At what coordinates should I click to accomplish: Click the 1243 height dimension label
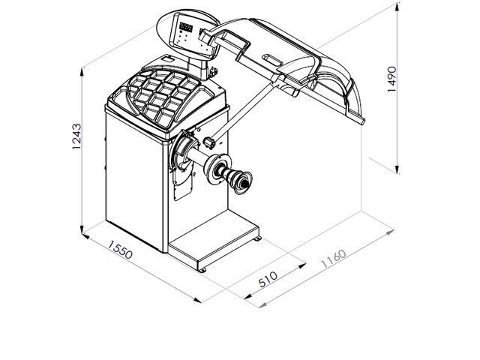(x=76, y=136)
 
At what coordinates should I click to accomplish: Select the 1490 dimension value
(x=391, y=79)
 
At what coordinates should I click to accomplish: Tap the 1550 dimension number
(x=120, y=250)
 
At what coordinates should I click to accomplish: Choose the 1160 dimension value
(x=333, y=259)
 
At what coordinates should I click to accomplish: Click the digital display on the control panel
(x=186, y=27)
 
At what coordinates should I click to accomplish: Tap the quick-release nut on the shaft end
(x=243, y=182)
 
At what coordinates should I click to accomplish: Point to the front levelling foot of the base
(x=202, y=270)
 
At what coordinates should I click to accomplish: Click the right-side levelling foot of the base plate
(x=257, y=238)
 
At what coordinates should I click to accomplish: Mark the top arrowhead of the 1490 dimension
(x=397, y=7)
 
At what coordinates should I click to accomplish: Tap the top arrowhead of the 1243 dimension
(x=82, y=73)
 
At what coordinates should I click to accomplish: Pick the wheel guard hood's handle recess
(x=271, y=59)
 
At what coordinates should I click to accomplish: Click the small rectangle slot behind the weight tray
(x=167, y=58)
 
